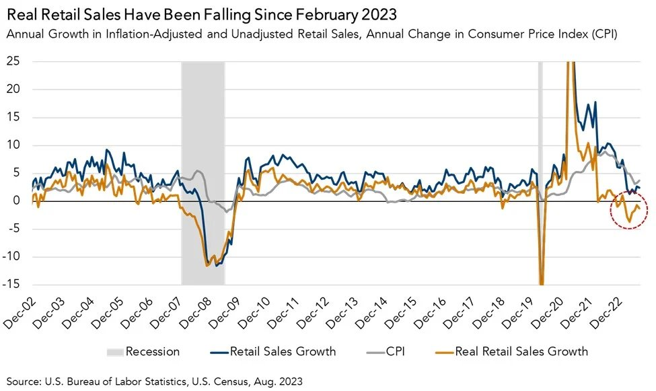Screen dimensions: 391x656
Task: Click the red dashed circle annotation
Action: (629, 211)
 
